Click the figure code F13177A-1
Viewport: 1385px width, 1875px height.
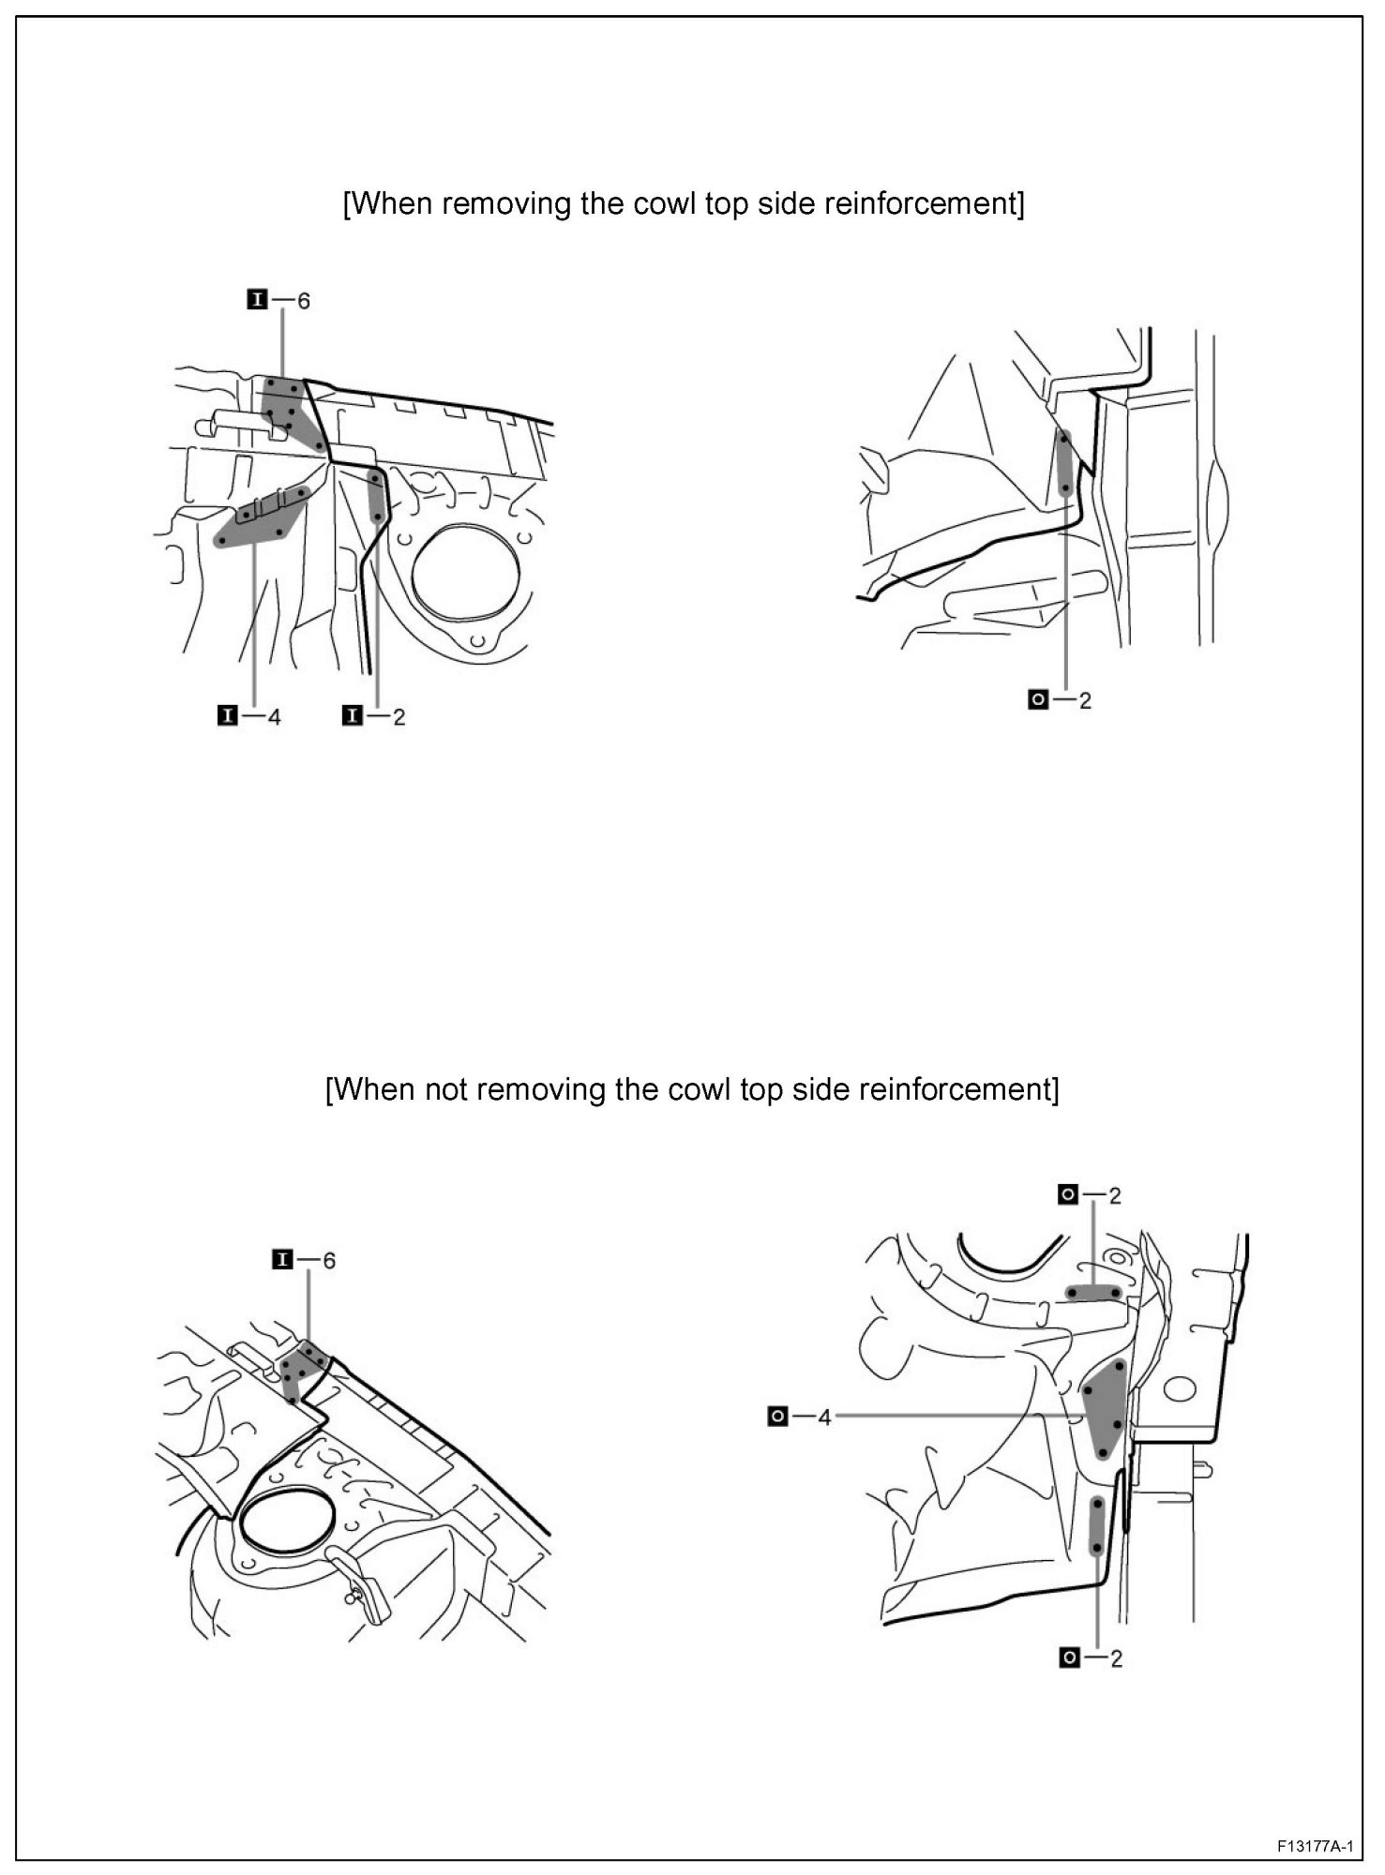1314,1846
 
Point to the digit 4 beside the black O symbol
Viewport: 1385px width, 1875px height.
824,1417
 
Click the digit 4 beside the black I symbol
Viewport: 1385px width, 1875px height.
274,717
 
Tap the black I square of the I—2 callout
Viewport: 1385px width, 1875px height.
353,716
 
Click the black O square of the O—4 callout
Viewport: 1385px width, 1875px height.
777,1417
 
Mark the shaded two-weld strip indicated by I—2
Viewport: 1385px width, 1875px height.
377,498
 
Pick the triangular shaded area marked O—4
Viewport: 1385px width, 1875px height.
1105,1406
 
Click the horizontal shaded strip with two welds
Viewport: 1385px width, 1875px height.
1092,1293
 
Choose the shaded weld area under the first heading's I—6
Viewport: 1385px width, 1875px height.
285,405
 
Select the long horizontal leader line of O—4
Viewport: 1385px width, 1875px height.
956,1417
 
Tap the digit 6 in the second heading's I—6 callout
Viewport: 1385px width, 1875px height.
328,1261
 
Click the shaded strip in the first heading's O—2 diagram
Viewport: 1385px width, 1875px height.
1065,463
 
